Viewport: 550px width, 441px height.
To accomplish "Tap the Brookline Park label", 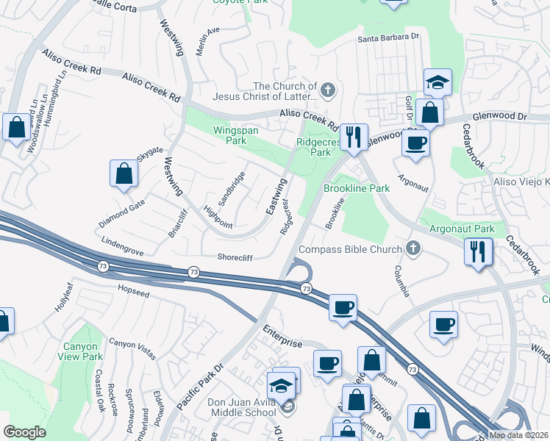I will coord(357,189).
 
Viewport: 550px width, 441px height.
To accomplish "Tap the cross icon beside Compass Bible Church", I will coord(413,249).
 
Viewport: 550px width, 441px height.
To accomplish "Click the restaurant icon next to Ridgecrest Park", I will coord(354,137).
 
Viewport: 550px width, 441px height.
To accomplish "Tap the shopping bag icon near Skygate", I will coord(124,174).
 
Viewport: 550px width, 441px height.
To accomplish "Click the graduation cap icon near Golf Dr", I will coord(438,83).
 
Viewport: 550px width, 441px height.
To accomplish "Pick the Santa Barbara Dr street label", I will coord(388,37).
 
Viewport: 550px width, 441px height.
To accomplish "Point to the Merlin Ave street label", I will coord(208,40).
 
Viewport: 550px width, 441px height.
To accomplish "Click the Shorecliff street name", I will coord(235,257).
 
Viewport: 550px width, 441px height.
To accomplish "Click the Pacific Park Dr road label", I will coord(199,387).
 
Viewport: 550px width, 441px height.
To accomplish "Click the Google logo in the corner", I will coord(24,432).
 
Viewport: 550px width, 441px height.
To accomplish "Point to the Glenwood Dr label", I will coord(500,116).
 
